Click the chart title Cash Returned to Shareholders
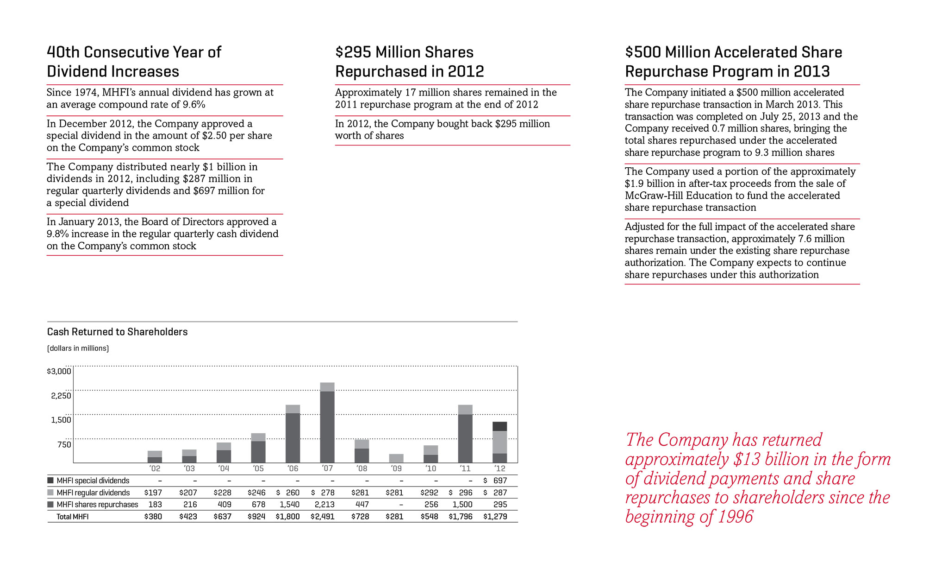click(x=117, y=332)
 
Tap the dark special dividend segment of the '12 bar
click(x=499, y=426)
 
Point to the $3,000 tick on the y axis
click(x=59, y=371)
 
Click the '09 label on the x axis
click(x=396, y=468)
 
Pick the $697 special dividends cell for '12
click(x=496, y=481)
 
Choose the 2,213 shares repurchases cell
click(x=323, y=505)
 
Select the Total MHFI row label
click(x=72, y=517)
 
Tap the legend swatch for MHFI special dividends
click(x=50, y=481)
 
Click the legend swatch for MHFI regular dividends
click(x=50, y=493)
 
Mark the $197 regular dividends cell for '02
click(x=153, y=493)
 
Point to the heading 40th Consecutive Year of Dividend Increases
click(x=134, y=62)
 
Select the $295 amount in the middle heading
click(x=353, y=52)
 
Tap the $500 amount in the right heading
click(x=643, y=52)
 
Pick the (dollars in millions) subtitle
click(x=78, y=348)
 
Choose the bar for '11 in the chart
click(x=465, y=436)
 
